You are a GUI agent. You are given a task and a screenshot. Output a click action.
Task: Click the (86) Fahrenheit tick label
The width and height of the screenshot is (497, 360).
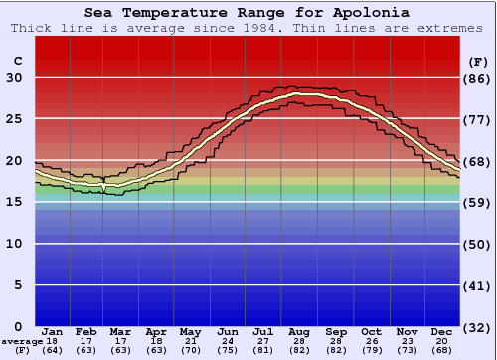tap(477, 78)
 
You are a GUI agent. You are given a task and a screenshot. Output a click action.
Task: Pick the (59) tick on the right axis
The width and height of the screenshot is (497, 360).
tap(477, 203)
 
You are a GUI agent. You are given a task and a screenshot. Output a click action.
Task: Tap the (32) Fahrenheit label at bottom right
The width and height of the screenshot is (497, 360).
tap(477, 327)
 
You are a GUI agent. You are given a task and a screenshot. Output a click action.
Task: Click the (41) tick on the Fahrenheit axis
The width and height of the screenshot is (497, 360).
tap(477, 285)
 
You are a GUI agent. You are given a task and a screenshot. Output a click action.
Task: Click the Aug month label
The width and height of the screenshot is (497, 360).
tap(299, 331)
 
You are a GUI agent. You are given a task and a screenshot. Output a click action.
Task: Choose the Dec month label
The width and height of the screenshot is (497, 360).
tap(441, 331)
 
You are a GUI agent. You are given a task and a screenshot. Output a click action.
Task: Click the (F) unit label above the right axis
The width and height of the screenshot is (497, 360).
tap(477, 62)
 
